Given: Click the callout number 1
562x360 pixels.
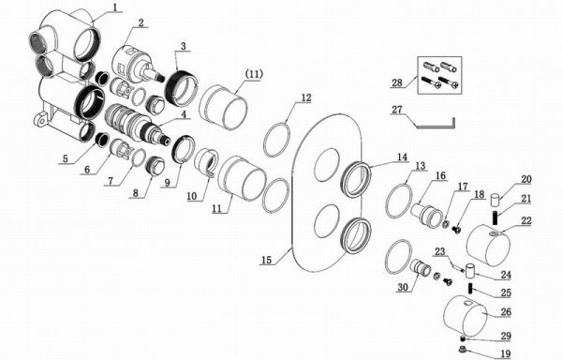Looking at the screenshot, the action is click(x=114, y=7).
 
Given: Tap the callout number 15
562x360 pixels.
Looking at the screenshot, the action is click(x=266, y=260).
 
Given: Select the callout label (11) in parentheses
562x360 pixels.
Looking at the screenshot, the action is click(x=254, y=74).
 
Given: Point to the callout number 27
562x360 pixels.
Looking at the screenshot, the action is click(x=397, y=110).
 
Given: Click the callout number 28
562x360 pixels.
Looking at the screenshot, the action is click(x=397, y=82).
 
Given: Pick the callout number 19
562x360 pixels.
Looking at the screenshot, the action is click(x=505, y=353).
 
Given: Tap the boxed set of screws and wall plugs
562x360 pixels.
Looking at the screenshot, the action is click(x=440, y=75).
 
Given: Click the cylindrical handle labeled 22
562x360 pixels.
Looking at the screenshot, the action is click(x=489, y=246).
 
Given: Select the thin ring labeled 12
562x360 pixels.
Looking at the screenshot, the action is click(x=276, y=140).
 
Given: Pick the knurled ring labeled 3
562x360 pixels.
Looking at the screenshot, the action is click(x=181, y=88).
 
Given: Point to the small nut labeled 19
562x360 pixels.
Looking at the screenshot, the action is click(x=462, y=348).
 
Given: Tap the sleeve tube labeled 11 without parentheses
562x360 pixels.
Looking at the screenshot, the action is click(x=242, y=178).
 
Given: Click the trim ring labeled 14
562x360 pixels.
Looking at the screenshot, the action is click(x=356, y=179).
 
